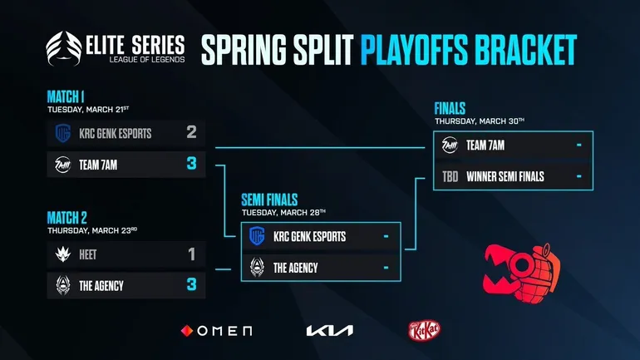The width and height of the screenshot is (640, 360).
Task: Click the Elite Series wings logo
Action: point(66,51)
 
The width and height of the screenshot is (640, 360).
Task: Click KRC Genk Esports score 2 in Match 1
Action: point(191,132)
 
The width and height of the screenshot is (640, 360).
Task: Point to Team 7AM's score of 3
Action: point(191,164)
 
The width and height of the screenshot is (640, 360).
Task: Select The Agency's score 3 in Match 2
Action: point(191,285)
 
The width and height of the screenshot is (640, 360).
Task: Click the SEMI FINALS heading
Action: point(269,200)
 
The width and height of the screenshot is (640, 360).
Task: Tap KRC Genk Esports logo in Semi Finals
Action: point(257,237)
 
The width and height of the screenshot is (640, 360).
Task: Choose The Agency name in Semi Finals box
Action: point(296,268)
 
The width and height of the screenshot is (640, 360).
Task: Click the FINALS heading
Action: point(450,109)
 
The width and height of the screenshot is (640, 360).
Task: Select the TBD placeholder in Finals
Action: point(450,175)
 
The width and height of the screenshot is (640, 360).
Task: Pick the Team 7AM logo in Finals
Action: point(450,145)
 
